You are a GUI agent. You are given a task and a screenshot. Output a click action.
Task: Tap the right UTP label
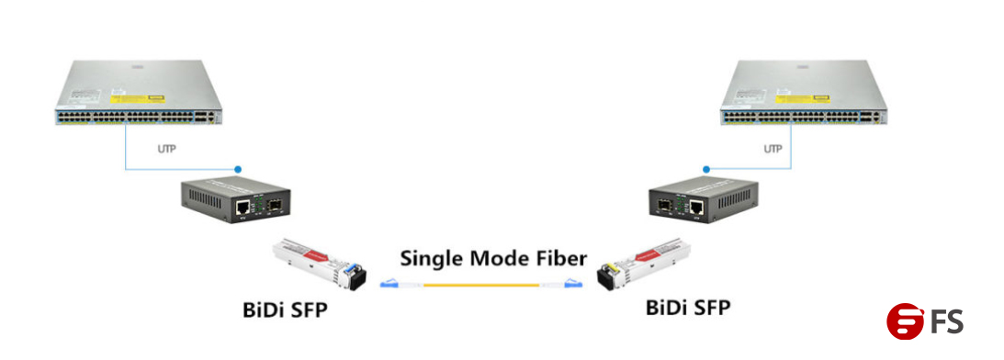(773, 148)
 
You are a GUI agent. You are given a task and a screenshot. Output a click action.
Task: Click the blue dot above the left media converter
(237, 170)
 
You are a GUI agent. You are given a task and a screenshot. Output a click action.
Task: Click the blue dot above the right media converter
(705, 170)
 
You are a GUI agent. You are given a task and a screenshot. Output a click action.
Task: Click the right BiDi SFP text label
(688, 307)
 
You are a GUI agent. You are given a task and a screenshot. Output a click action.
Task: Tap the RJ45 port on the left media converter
(243, 208)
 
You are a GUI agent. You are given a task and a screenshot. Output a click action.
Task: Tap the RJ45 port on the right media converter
(697, 208)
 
